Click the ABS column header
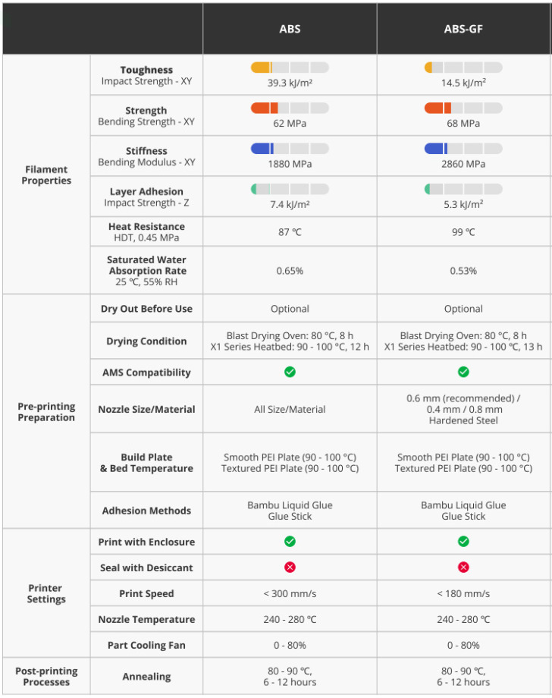coord(290,30)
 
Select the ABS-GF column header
coord(463,30)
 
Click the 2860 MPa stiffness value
coord(463,164)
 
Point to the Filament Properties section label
coord(46,175)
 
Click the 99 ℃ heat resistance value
coord(463,232)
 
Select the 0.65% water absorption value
coord(290,271)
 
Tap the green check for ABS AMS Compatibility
coord(290,372)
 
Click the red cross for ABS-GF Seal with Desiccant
coord(463,568)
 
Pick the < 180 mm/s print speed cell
coord(463,593)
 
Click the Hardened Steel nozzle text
coord(463,420)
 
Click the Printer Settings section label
coord(46,593)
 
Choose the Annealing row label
coord(146,677)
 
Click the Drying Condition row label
coord(146,341)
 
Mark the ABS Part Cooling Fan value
coord(290,645)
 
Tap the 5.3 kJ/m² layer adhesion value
coord(463,204)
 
